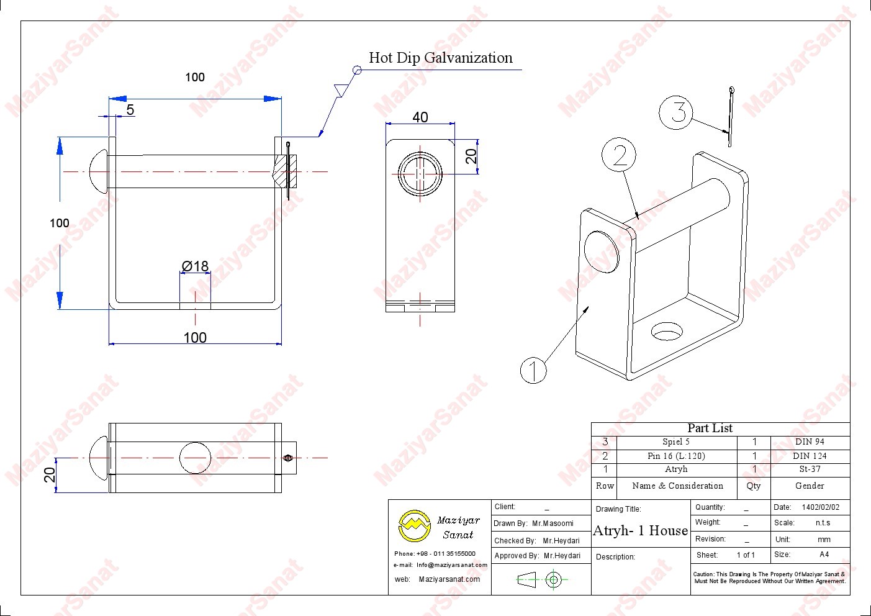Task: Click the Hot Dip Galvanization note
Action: coord(440,58)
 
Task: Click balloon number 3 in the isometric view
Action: coord(675,112)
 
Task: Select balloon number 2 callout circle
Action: coord(619,155)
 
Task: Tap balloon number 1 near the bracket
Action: coord(533,370)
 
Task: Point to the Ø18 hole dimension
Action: coord(195,266)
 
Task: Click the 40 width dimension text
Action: coord(420,117)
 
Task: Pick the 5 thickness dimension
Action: coord(130,110)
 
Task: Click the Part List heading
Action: coord(710,428)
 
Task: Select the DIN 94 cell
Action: coord(810,442)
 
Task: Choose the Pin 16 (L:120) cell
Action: coord(676,456)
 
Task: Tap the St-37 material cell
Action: coord(810,469)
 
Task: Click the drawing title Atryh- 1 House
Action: coord(641,531)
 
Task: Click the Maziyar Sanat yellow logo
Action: coord(414,527)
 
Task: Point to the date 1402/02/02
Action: coord(820,507)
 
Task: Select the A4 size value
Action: coord(824,555)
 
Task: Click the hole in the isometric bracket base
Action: coord(667,332)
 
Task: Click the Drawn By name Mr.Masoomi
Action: coord(553,523)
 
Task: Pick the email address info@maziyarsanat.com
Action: coord(452,565)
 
